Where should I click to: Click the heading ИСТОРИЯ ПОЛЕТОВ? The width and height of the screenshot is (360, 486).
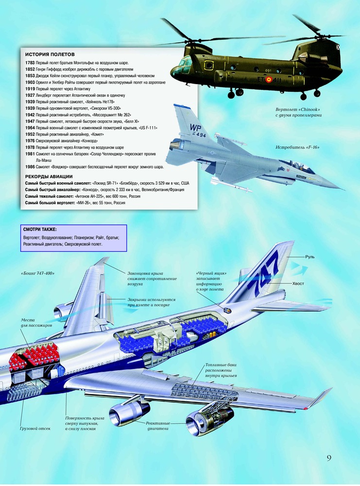click(x=50, y=54)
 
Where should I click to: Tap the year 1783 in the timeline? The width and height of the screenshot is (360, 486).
click(x=30, y=63)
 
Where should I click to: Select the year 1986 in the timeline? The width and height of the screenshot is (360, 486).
click(x=30, y=167)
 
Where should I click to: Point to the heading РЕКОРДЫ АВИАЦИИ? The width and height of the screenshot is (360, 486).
click(x=49, y=177)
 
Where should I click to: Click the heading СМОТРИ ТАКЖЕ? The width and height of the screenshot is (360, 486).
click(x=40, y=230)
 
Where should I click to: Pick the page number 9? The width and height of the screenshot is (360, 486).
click(x=329, y=458)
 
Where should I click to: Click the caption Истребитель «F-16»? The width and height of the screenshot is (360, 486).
click(x=297, y=147)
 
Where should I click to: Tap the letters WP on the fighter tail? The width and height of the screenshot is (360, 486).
click(x=195, y=127)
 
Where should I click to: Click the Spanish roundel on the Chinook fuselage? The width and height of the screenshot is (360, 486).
click(x=269, y=80)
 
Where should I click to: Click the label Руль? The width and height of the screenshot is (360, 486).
click(x=310, y=257)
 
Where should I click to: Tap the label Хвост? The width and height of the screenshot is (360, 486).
click(x=298, y=283)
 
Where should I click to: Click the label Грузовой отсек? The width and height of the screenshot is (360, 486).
click(x=35, y=429)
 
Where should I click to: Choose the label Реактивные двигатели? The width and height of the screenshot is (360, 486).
click(x=158, y=426)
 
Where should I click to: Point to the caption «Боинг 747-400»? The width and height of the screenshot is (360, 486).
click(x=38, y=273)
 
